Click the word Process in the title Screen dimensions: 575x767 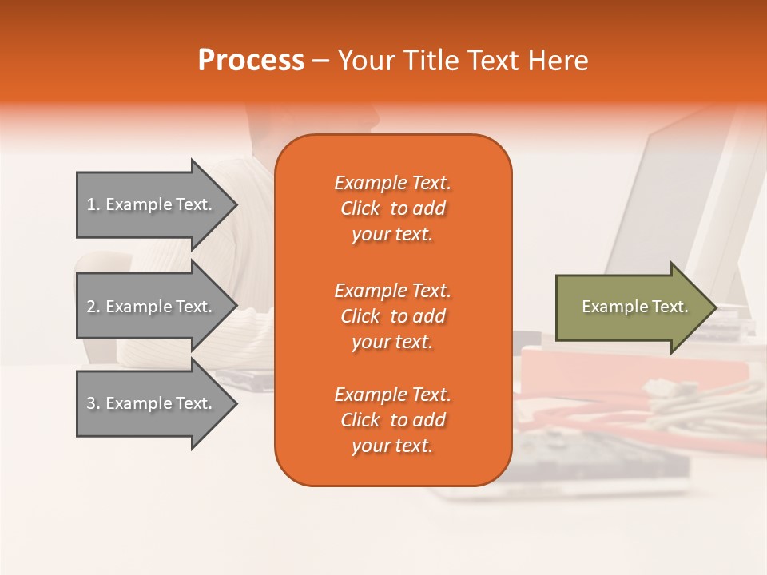(x=251, y=61)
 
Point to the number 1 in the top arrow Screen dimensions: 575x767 (x=91, y=204)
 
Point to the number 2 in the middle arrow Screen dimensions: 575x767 (x=91, y=307)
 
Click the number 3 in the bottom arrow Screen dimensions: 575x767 (x=91, y=403)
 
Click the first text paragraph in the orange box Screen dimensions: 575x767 (x=392, y=208)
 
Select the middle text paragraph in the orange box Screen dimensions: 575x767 (x=392, y=316)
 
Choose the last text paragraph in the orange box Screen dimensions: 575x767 (x=392, y=420)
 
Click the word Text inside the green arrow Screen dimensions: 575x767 (x=670, y=307)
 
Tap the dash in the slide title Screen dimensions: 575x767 (x=320, y=61)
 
